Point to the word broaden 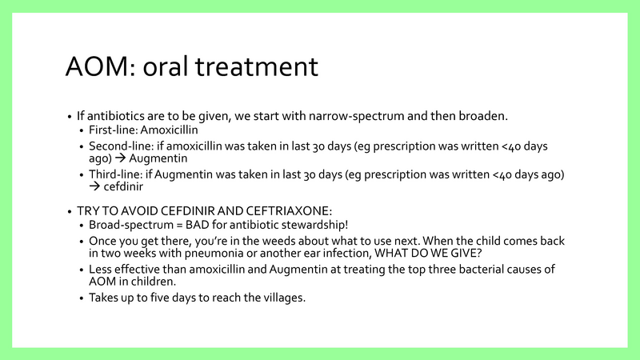click(x=482, y=115)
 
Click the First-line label click(x=112, y=130)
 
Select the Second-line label click(x=119, y=146)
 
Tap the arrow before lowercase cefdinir click(x=94, y=188)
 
